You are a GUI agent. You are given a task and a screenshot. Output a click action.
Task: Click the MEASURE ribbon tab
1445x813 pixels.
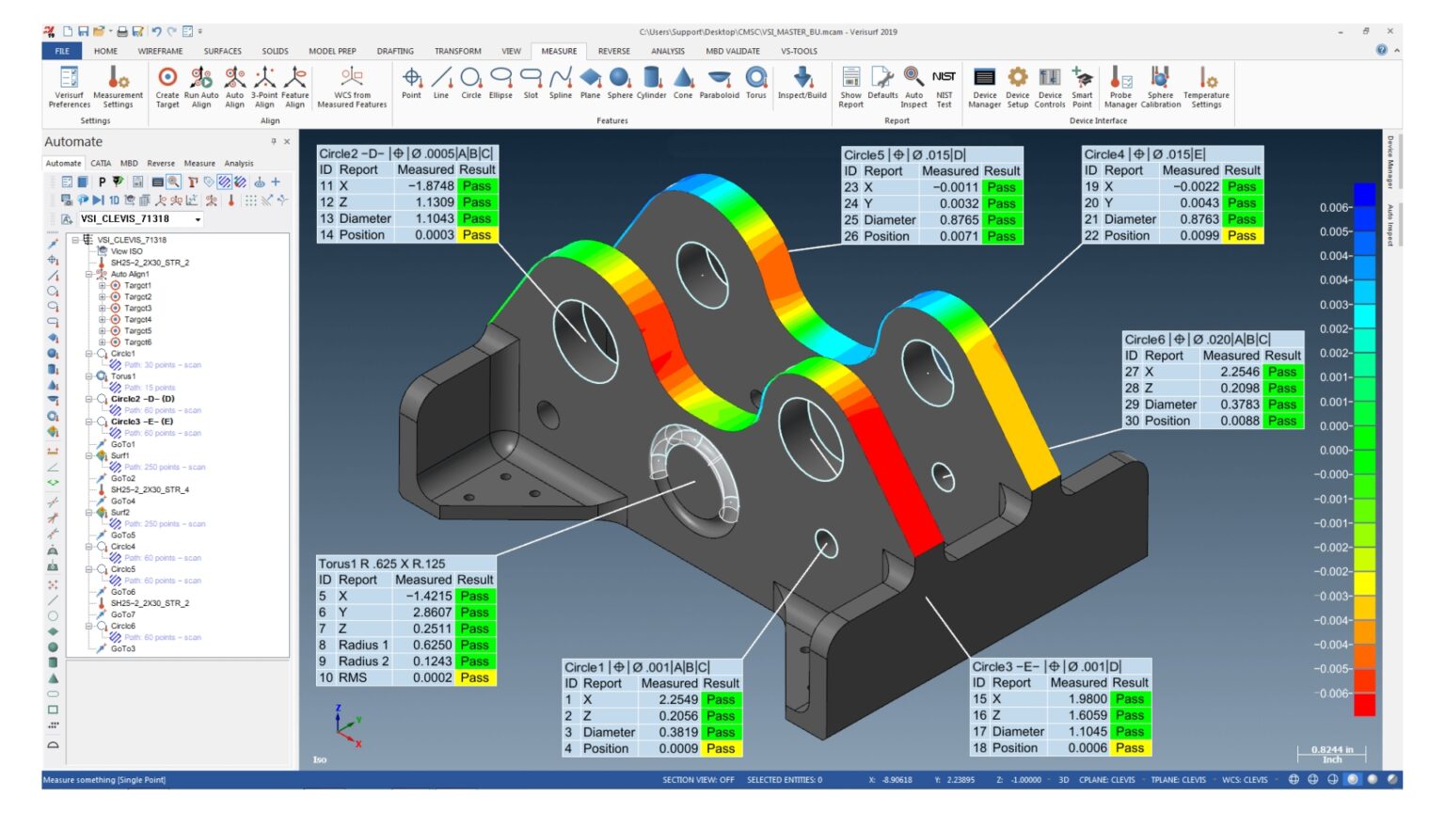pyautogui.click(x=559, y=51)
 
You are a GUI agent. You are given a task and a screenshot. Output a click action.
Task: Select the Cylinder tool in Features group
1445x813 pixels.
pyautogui.click(x=651, y=83)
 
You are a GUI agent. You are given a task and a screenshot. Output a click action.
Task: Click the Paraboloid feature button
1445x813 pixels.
pyautogui.click(x=720, y=83)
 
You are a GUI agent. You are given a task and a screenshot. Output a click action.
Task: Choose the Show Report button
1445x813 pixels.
pyautogui.click(x=850, y=86)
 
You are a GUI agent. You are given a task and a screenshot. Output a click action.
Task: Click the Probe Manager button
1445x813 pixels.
pyautogui.click(x=1120, y=86)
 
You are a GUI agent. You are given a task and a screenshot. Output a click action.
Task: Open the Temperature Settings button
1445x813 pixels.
pyautogui.click(x=1206, y=86)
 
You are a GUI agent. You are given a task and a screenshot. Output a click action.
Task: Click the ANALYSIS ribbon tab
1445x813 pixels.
pyautogui.click(x=668, y=51)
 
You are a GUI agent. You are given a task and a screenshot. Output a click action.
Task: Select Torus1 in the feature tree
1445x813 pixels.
pyautogui.click(x=123, y=376)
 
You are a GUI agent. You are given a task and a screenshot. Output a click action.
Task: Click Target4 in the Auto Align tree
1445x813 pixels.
pyautogui.click(x=137, y=320)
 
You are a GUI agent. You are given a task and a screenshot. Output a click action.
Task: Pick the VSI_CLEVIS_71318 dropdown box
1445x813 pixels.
pyautogui.click(x=141, y=219)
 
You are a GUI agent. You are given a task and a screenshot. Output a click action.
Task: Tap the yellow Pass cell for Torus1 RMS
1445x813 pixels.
pyautogui.click(x=475, y=677)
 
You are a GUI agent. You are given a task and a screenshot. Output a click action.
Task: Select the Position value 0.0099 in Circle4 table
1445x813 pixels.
pyautogui.click(x=1199, y=235)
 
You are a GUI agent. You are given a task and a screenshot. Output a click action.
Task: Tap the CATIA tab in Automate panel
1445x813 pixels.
pyautogui.click(x=101, y=164)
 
